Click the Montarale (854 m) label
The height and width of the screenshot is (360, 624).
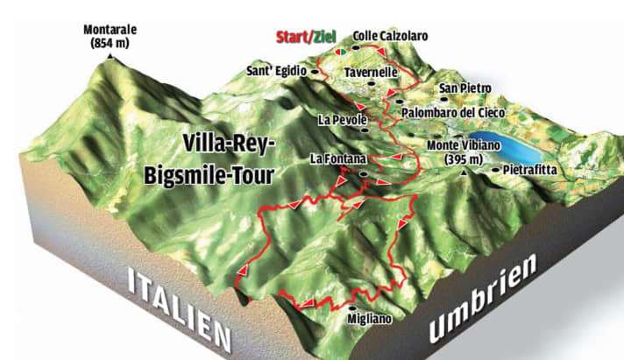[110, 35]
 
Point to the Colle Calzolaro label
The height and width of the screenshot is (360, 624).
[390, 36]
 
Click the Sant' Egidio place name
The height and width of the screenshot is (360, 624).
[273, 71]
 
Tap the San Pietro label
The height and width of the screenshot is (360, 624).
[465, 88]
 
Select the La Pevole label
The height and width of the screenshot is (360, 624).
[340, 119]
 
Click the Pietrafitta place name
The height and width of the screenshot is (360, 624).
[534, 170]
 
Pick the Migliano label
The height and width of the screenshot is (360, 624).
[366, 321]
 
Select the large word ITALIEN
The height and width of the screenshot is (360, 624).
[179, 307]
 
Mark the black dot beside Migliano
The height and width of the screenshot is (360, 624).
[352, 308]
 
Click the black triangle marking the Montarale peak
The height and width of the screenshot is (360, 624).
[110, 55]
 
